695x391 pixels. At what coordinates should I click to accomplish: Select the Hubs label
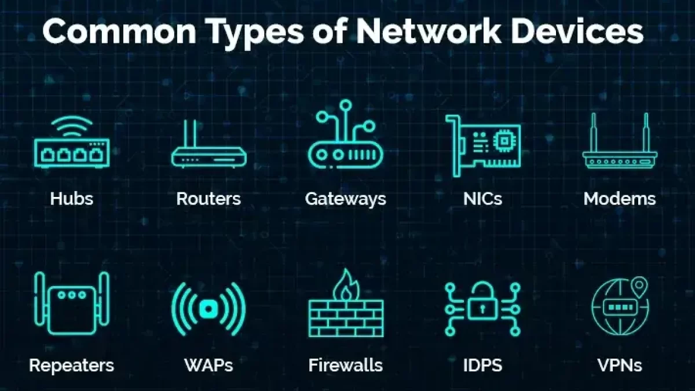(x=71, y=199)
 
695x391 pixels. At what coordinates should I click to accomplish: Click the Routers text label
(x=209, y=199)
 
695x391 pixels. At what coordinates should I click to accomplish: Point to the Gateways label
(x=345, y=199)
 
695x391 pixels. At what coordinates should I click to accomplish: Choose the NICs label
(x=482, y=199)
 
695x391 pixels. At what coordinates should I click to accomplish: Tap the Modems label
(x=620, y=199)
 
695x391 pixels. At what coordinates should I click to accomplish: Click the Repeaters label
(x=71, y=366)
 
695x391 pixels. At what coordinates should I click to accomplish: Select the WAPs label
(x=209, y=366)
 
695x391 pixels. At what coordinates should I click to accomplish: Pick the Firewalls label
(x=345, y=366)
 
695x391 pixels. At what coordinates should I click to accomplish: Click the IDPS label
(x=482, y=366)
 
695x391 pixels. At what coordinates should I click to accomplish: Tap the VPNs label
(x=620, y=366)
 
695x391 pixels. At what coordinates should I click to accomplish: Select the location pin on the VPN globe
(x=639, y=285)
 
